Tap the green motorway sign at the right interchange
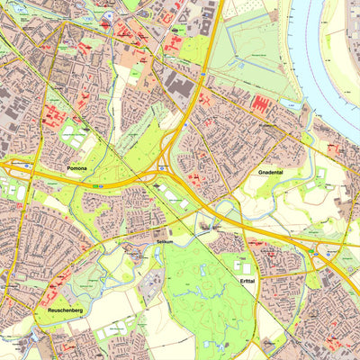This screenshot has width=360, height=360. pos(329,255)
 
